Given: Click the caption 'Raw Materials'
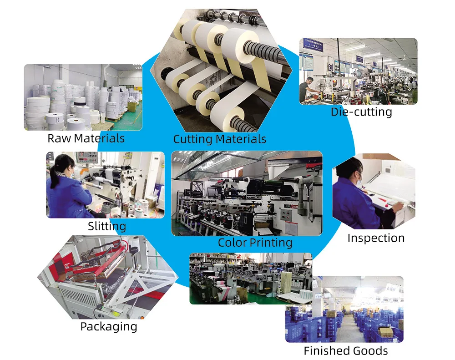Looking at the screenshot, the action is (x=86, y=138).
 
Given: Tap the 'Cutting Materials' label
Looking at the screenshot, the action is (x=219, y=139).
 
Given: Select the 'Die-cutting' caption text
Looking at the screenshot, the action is (x=361, y=112).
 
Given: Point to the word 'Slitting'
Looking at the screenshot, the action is (x=106, y=226).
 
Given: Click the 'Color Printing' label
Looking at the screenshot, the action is (x=255, y=243).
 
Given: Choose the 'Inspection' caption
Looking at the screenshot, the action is (x=375, y=238).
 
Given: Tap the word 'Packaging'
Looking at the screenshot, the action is (x=108, y=326).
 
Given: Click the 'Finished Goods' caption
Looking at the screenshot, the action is (x=345, y=351).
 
